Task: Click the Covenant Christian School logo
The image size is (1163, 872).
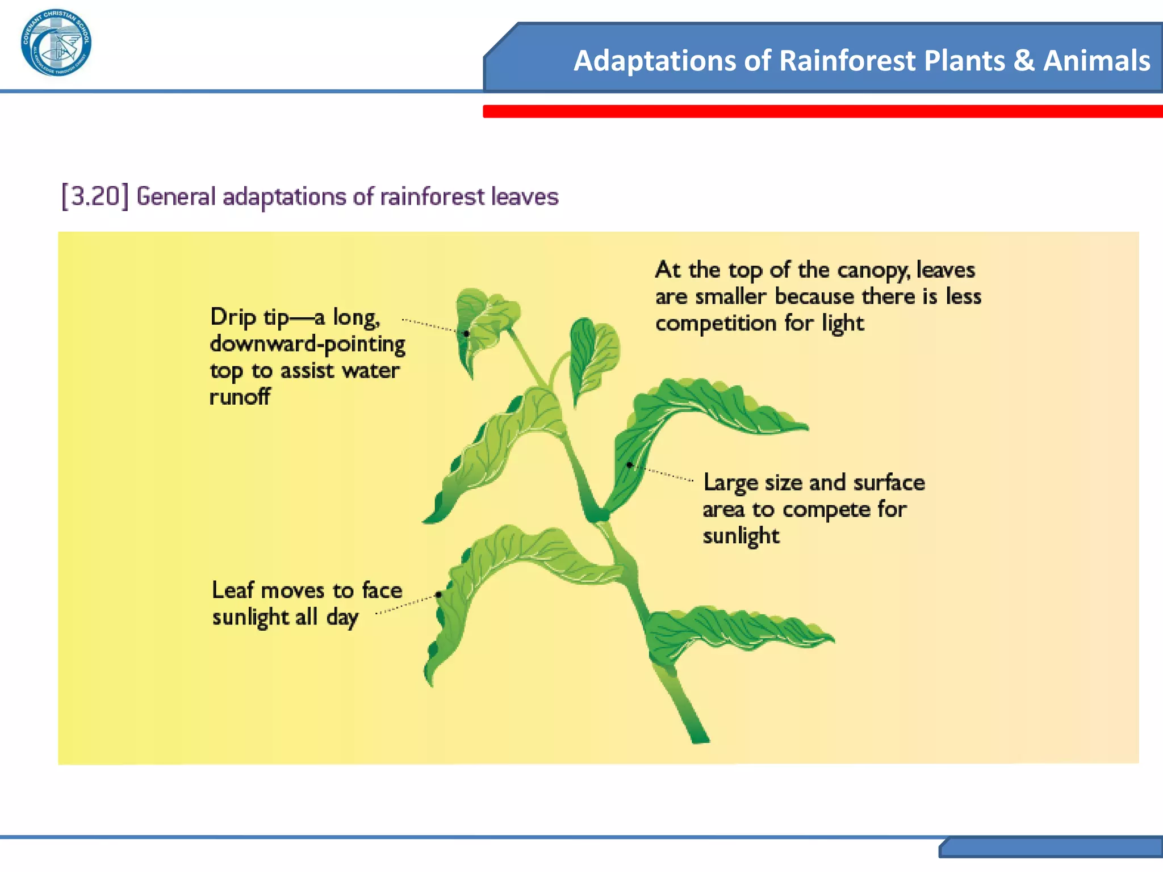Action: click(x=56, y=43)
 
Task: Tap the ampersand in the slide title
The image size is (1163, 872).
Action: click(x=1024, y=61)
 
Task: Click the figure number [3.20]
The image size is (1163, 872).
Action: click(x=94, y=196)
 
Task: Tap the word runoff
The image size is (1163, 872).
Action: click(x=240, y=397)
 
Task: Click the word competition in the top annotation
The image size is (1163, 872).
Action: click(x=716, y=324)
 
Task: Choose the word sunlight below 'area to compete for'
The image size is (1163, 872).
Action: click(x=741, y=536)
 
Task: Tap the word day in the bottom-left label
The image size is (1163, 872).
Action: click(x=342, y=617)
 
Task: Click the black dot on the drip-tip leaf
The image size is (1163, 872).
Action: click(x=466, y=334)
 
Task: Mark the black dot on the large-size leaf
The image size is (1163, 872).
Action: click(x=629, y=465)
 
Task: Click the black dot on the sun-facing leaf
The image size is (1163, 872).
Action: click(x=438, y=595)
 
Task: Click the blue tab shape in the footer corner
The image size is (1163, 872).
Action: click(x=1051, y=847)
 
